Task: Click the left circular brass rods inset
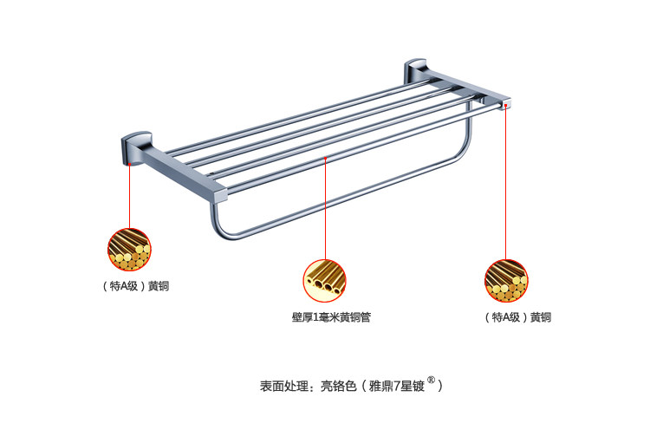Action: point(129,249)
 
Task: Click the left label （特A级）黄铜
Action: point(129,286)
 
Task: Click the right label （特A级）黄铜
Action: point(517,317)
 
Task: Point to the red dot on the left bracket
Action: point(130,162)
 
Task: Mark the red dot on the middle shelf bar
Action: point(325,158)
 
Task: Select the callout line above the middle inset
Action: point(325,208)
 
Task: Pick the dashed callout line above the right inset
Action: point(507,182)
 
